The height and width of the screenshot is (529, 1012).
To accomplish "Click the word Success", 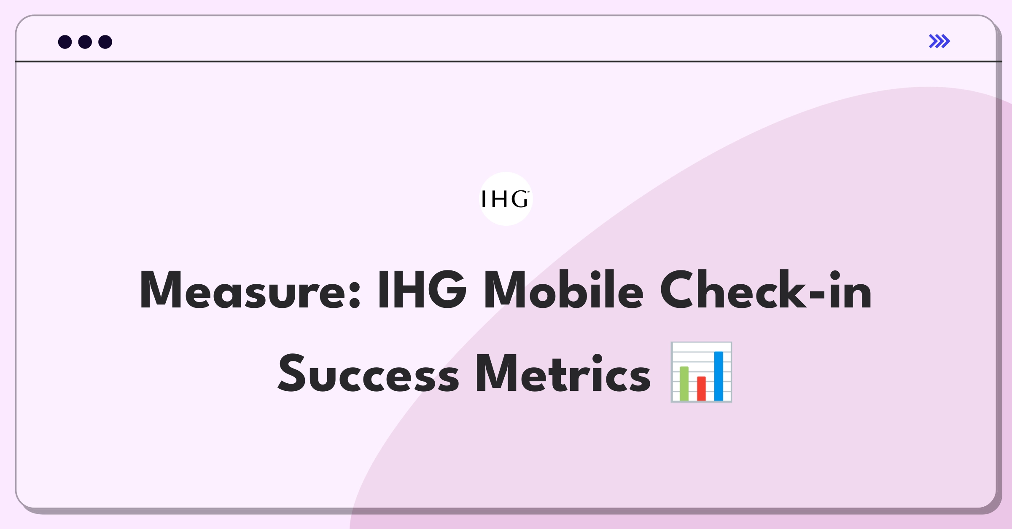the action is click(x=368, y=373).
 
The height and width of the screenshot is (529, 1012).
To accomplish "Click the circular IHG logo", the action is click(x=506, y=199).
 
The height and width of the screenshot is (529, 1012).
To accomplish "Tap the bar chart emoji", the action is click(x=702, y=372).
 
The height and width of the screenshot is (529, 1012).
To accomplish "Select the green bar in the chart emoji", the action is click(x=684, y=384).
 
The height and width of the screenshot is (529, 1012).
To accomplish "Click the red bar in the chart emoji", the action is click(x=701, y=388).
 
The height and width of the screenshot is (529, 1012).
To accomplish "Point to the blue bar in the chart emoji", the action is click(x=719, y=376).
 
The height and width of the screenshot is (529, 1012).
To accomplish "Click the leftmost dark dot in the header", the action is click(x=65, y=42).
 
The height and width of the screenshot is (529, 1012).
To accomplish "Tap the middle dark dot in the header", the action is click(x=85, y=42).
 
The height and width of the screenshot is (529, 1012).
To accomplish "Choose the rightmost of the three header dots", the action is click(x=105, y=42).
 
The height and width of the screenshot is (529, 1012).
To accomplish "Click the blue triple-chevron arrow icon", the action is click(x=939, y=41).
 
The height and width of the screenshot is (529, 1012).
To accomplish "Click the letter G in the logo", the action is click(x=519, y=199).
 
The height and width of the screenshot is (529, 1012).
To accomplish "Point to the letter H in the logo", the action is click(x=499, y=199).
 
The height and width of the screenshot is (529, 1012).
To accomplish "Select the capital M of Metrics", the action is click(x=498, y=373).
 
